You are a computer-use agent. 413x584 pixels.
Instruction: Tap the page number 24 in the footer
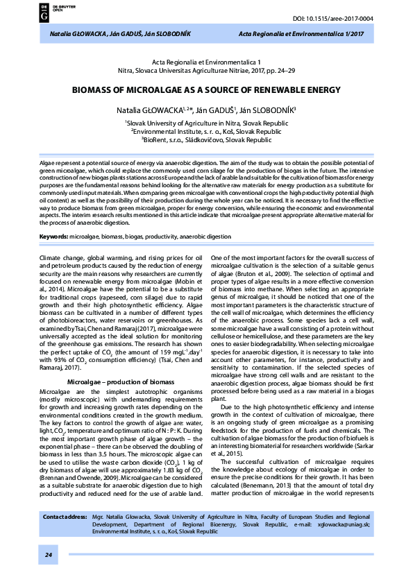click(x=49, y=556)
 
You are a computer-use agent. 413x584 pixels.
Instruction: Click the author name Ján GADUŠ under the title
click(x=217, y=110)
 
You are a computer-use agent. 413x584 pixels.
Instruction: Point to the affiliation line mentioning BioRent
click(x=206, y=139)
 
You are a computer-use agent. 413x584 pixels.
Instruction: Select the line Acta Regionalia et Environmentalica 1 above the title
click(x=206, y=62)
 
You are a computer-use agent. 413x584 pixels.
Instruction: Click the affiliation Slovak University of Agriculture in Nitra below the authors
click(x=206, y=122)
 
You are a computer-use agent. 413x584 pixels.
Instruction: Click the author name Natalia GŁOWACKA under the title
click(x=149, y=110)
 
